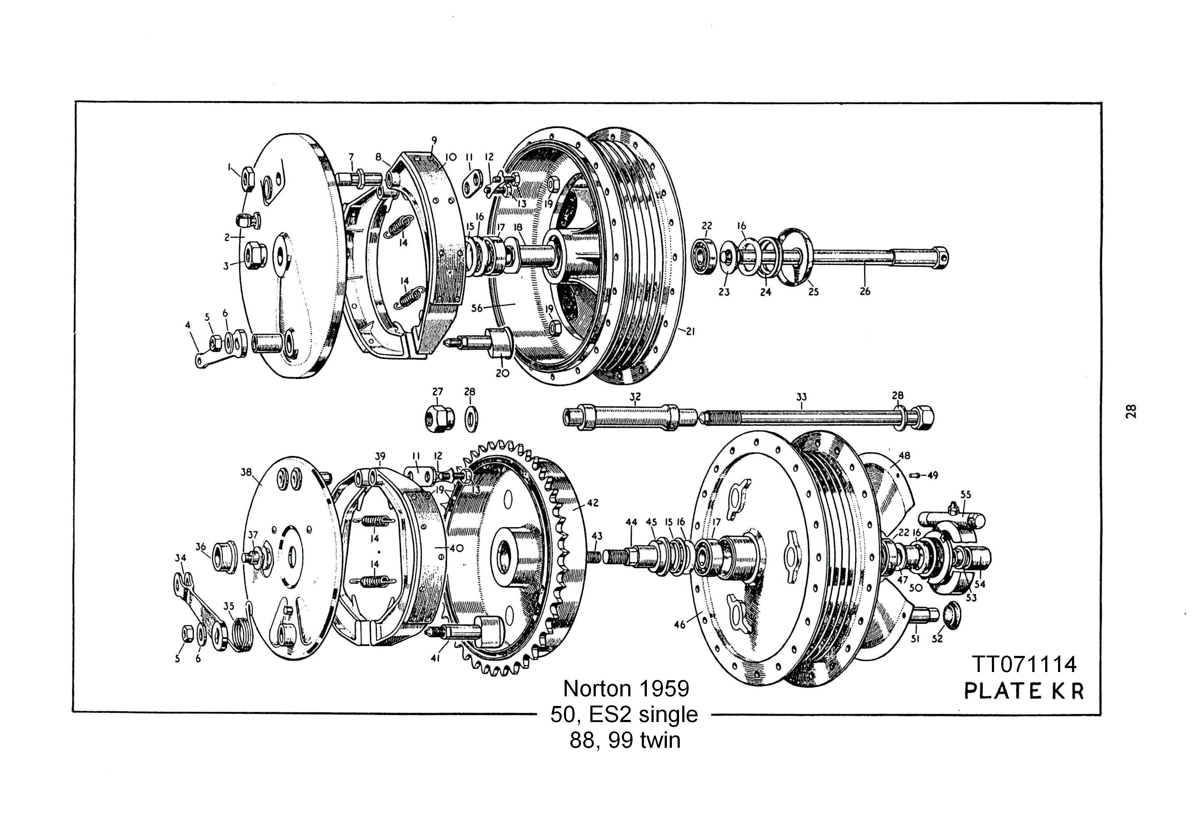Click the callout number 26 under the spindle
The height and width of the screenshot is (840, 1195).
865,291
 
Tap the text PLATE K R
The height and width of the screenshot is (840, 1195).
1024,691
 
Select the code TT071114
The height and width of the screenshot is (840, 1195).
1024,664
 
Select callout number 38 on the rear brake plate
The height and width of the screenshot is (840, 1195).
246,472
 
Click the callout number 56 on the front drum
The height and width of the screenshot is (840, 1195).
477,308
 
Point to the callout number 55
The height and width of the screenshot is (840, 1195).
965,494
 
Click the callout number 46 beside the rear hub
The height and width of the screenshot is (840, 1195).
680,624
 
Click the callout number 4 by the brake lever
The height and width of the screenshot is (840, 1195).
188,325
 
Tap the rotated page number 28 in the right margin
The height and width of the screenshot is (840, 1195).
1131,411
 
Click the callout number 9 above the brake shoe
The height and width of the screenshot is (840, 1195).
434,140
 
